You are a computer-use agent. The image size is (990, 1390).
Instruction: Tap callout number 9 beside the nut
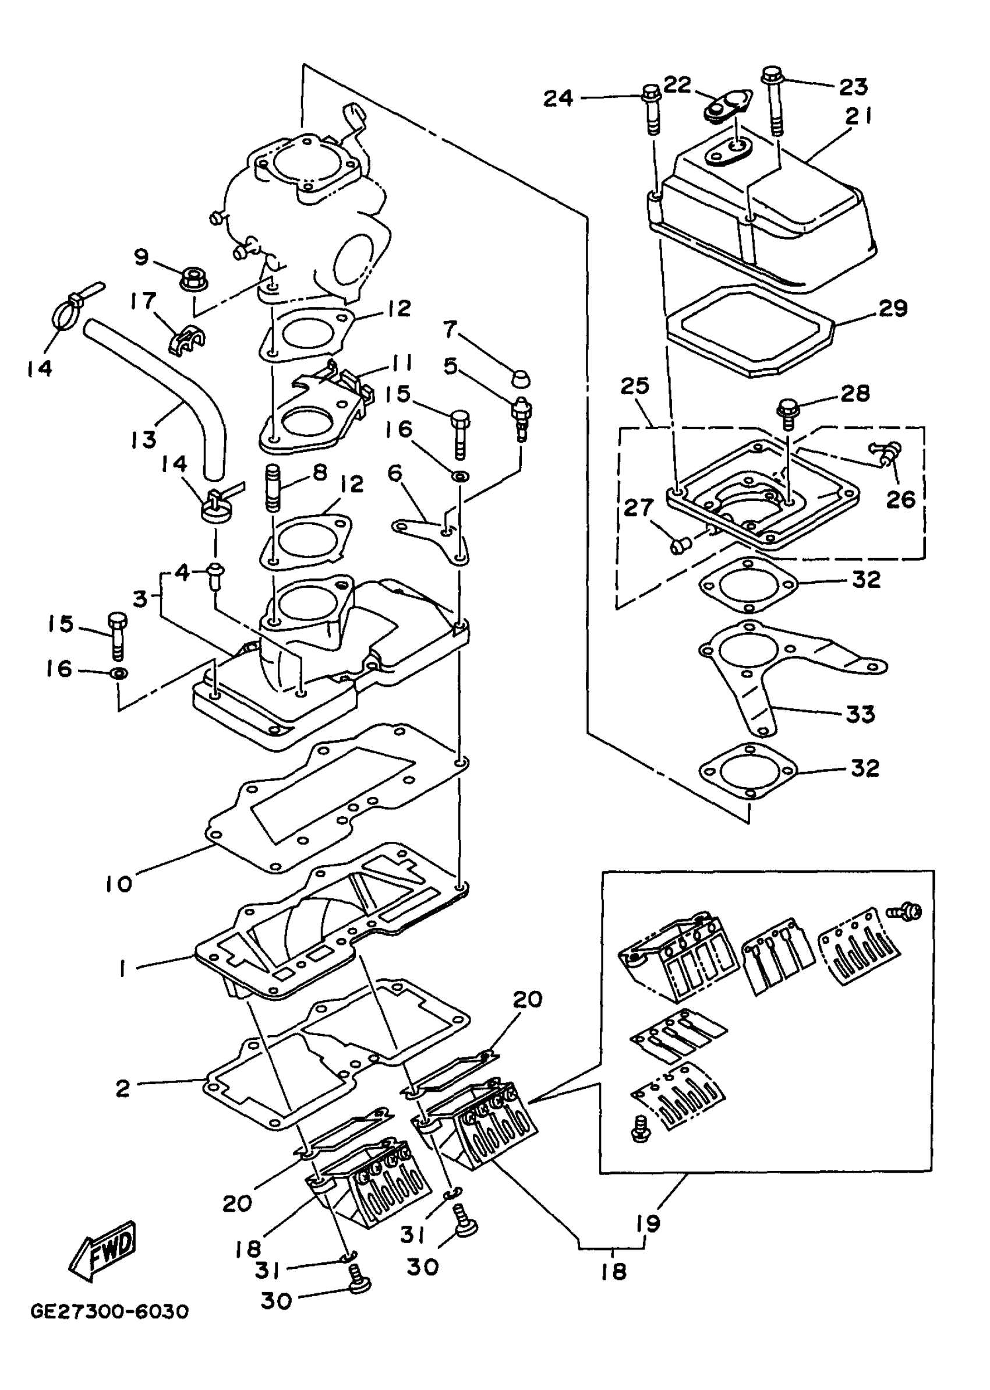pyautogui.click(x=142, y=257)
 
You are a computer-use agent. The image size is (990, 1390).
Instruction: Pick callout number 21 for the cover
pyautogui.click(x=859, y=116)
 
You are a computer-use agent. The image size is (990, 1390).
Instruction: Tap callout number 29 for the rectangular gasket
pyautogui.click(x=893, y=309)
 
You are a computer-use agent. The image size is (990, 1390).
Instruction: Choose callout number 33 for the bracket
pyautogui.click(x=860, y=713)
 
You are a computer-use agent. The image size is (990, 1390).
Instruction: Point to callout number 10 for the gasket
pyautogui.click(x=118, y=883)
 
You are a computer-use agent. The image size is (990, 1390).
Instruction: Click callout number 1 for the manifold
pyautogui.click(x=123, y=968)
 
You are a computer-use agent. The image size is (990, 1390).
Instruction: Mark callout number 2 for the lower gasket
pyautogui.click(x=123, y=1089)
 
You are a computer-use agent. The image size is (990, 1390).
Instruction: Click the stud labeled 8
pyautogui.click(x=273, y=488)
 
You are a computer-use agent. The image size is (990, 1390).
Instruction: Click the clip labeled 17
pyautogui.click(x=185, y=343)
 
